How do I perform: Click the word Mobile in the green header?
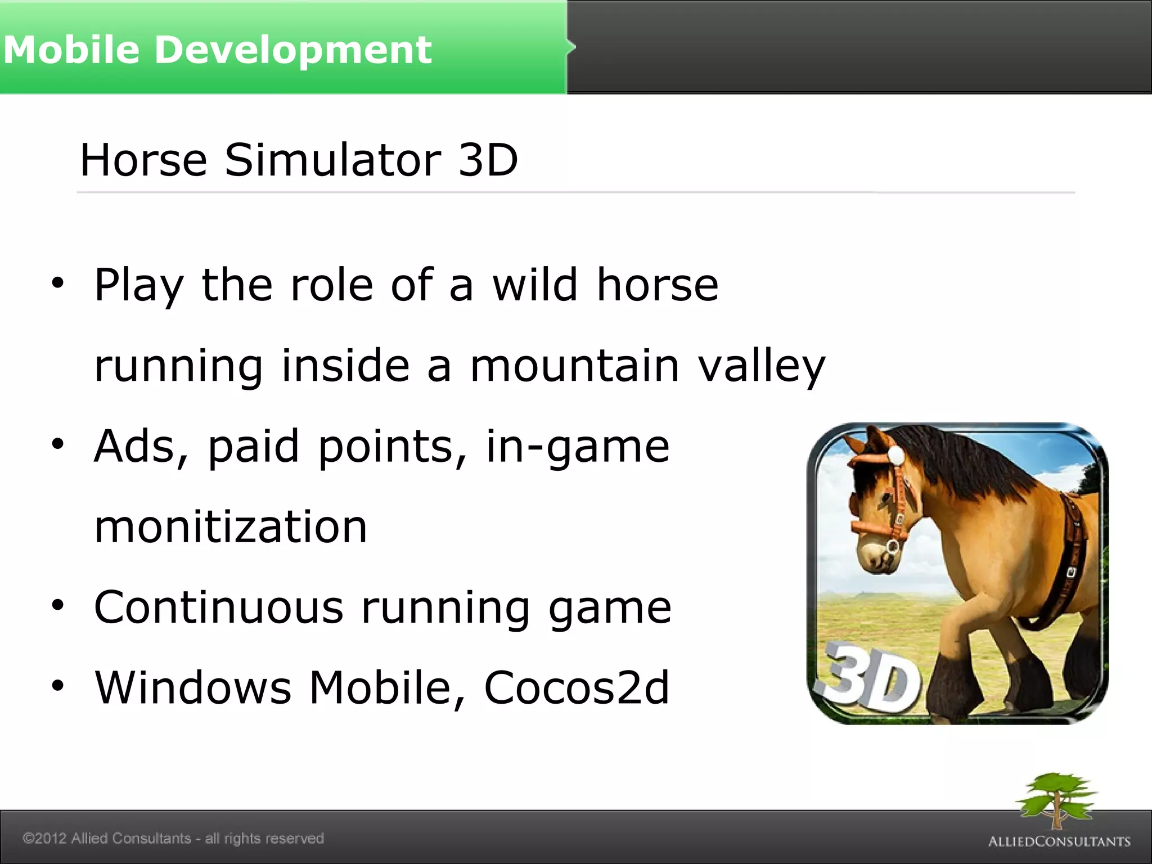[71, 49]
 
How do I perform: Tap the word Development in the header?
[292, 49]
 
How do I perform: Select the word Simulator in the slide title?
[333, 160]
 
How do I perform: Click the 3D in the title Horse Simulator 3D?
[488, 160]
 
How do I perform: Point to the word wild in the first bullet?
[535, 285]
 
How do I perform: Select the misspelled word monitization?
[231, 527]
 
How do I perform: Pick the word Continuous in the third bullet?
[218, 607]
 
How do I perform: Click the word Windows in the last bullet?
[193, 687]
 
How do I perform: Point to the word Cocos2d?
[577, 687]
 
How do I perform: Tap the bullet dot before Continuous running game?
[57, 605]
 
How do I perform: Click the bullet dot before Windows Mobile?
[57, 686]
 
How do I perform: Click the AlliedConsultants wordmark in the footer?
[1059, 841]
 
